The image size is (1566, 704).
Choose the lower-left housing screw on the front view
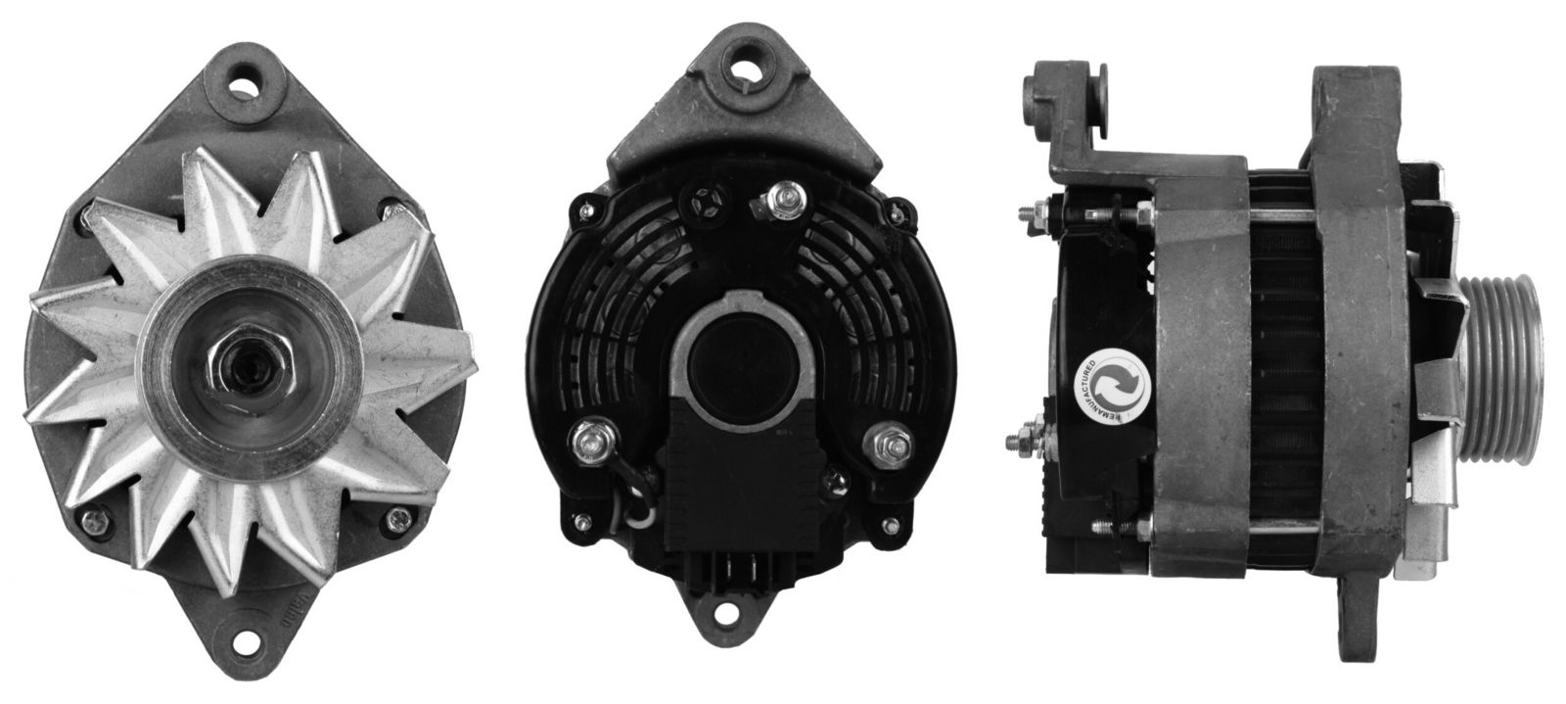(x=94, y=518)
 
